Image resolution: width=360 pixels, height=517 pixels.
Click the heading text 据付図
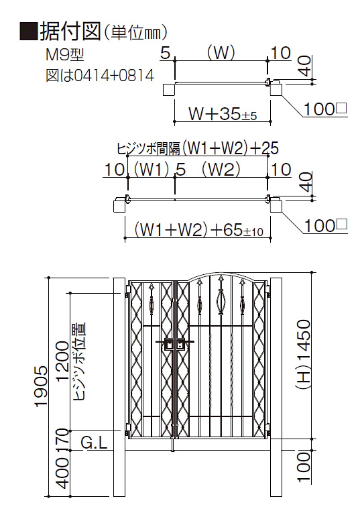click(x=70, y=32)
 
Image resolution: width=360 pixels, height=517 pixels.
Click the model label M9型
click(x=65, y=55)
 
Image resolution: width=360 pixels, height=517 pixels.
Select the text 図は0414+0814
click(x=100, y=76)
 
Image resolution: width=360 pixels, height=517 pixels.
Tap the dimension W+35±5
click(x=223, y=114)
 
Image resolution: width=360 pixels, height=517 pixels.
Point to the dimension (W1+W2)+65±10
click(x=198, y=230)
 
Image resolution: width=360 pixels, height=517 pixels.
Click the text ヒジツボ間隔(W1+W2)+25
click(x=198, y=148)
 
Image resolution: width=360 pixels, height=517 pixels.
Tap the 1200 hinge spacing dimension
click(x=62, y=361)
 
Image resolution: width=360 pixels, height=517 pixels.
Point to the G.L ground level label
click(x=94, y=443)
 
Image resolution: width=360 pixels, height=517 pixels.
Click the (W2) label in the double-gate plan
click(x=221, y=170)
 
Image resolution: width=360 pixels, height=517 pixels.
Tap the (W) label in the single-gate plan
click(x=221, y=53)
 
